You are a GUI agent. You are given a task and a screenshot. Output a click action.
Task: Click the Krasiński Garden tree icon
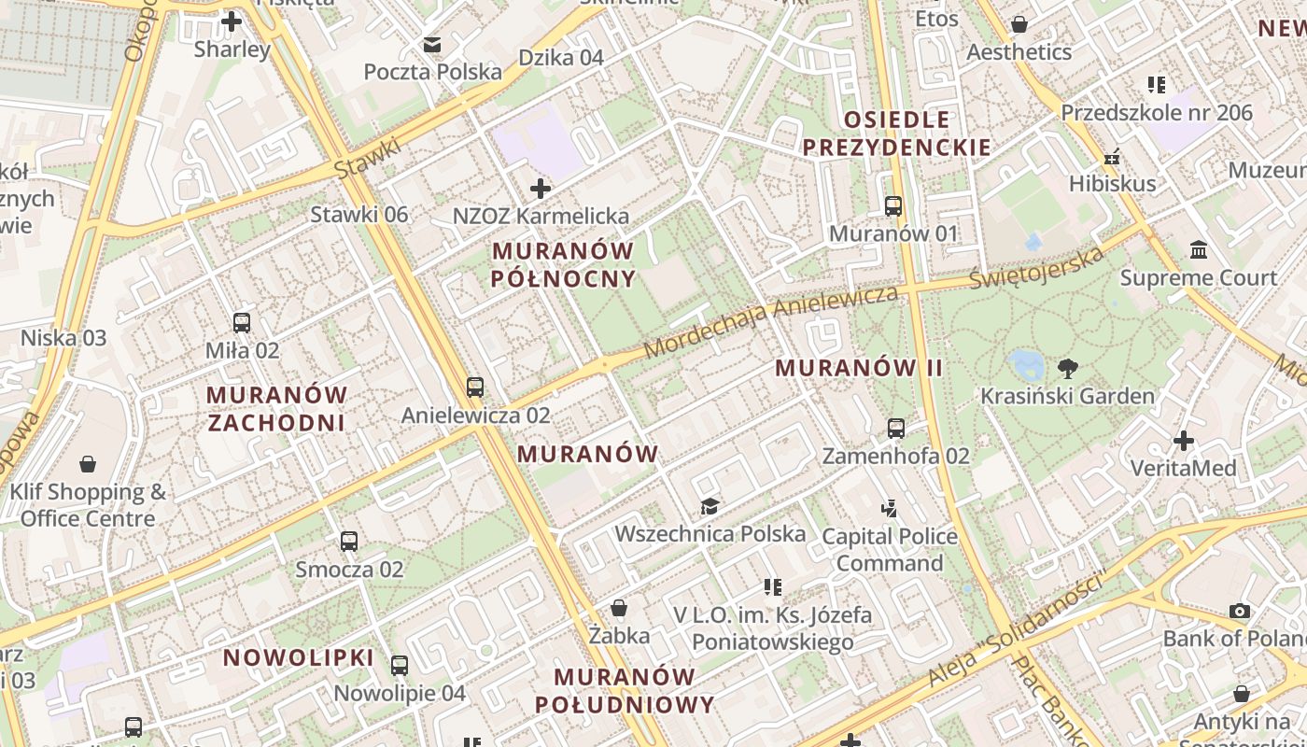tap(1067, 369)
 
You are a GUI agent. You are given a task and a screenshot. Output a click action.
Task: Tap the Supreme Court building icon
tap(1199, 250)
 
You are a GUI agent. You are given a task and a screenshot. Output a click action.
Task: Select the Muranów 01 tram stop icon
tap(893, 205)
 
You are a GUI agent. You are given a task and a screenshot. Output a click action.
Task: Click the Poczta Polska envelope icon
tap(432, 44)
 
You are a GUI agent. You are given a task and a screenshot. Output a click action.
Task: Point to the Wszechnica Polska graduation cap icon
tap(710, 506)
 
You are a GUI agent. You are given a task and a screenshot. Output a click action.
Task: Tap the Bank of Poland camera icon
tap(1240, 612)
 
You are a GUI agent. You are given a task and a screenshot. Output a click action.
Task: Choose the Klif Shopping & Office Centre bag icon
tap(88, 464)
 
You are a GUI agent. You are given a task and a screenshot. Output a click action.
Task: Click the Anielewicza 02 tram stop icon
tap(475, 387)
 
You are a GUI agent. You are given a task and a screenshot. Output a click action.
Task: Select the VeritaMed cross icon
tap(1184, 440)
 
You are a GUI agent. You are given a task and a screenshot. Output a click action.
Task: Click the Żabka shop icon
tap(619, 609)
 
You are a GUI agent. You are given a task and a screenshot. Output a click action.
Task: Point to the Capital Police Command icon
tap(889, 509)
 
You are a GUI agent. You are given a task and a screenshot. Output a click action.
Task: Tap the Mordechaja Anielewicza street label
tap(771, 320)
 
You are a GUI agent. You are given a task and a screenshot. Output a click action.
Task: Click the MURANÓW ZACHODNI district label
tap(276, 409)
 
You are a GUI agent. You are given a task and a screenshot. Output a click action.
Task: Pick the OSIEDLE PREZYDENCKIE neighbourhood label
tap(896, 134)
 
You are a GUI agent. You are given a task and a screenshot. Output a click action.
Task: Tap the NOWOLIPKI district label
tap(298, 657)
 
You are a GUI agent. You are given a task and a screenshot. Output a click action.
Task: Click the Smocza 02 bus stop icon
tap(348, 541)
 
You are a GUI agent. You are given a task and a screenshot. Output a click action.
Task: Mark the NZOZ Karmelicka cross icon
tap(540, 189)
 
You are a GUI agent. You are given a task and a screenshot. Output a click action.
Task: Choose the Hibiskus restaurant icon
tap(1112, 157)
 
